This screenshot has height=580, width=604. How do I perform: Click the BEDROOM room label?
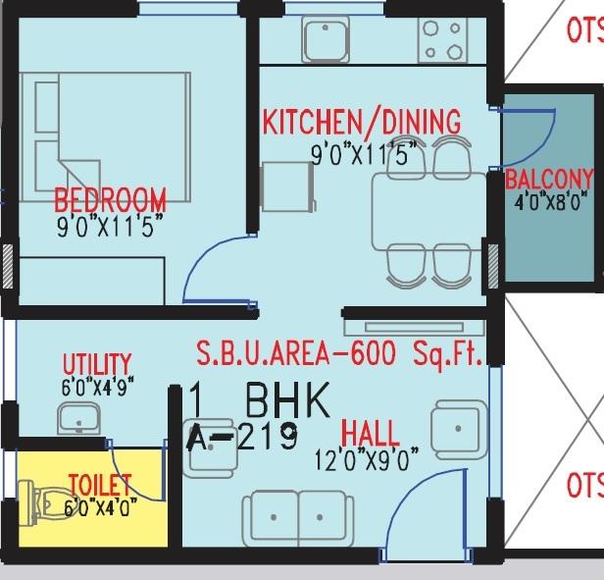click(x=110, y=199)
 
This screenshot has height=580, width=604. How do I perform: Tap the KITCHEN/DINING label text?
click(x=361, y=122)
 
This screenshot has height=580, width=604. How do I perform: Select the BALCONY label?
click(x=549, y=180)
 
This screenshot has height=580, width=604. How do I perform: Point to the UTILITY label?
click(x=96, y=365)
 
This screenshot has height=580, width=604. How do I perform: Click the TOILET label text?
click(x=99, y=484)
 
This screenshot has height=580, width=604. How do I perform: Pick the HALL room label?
click(x=370, y=433)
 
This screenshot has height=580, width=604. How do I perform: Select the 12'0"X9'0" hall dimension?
click(x=366, y=457)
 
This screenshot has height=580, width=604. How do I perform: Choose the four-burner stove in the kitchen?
click(x=442, y=39)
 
